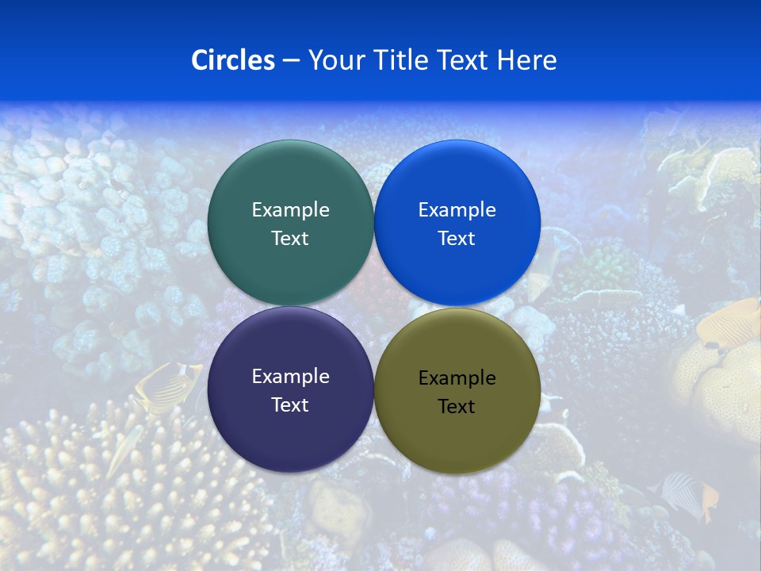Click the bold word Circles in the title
(x=232, y=60)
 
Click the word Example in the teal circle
(x=290, y=209)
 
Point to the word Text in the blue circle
(x=457, y=238)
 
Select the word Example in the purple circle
(x=290, y=376)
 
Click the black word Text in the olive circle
(x=457, y=406)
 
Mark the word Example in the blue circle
(x=457, y=209)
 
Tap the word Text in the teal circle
(x=290, y=238)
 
